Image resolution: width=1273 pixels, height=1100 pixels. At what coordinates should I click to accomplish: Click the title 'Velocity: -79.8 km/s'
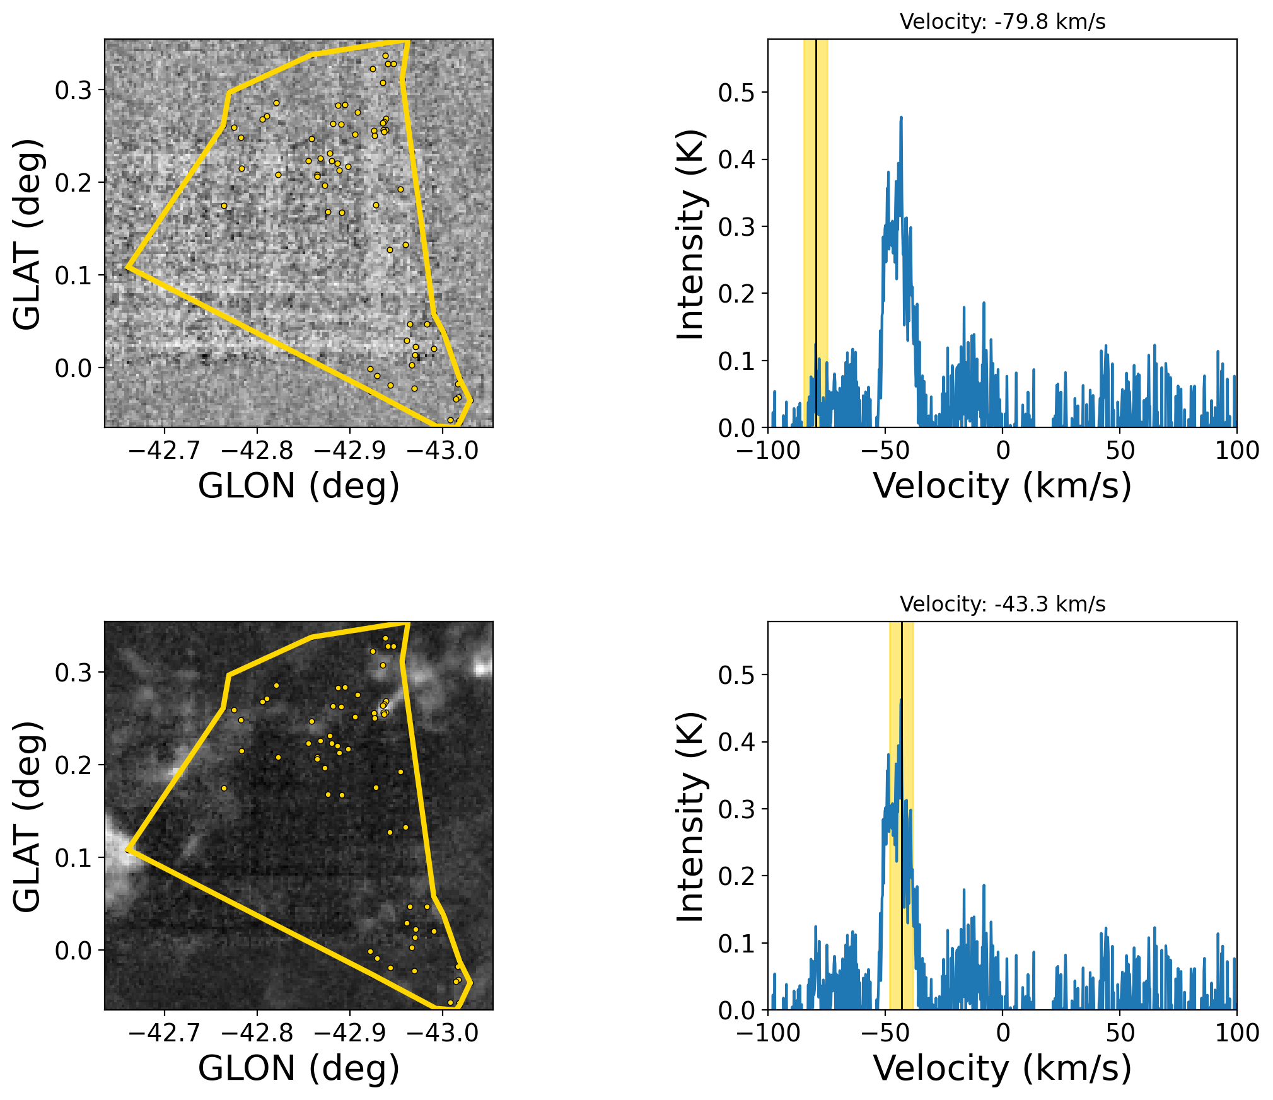(1002, 22)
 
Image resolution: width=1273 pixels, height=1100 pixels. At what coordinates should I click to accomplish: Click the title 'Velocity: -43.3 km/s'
(1002, 605)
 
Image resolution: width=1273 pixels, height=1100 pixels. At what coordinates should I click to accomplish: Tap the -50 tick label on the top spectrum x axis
(885, 451)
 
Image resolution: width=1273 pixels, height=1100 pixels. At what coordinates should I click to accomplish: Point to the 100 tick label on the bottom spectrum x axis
(1237, 1033)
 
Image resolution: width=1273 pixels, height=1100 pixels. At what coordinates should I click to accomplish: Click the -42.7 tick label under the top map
(164, 451)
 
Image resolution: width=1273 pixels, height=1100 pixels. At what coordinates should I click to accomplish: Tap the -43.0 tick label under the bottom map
(443, 1033)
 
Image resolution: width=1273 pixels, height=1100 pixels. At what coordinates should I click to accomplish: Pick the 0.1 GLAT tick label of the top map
(73, 275)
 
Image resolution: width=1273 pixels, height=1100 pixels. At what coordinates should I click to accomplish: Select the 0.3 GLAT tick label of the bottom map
(73, 673)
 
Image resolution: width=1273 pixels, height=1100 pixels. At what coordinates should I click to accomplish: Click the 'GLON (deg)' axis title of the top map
(299, 486)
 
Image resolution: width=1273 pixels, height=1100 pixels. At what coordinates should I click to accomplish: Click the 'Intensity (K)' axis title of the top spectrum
(690, 234)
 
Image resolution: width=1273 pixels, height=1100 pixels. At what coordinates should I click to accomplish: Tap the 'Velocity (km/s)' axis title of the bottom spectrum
(1002, 1068)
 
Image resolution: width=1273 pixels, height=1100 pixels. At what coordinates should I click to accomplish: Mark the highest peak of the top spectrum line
(901, 117)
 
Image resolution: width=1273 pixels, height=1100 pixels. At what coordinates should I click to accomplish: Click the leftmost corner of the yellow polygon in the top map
(127, 267)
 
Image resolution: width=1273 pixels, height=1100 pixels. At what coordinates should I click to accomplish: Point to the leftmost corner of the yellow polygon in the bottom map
(127, 850)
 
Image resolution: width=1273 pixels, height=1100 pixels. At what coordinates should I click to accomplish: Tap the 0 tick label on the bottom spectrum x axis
(1003, 1033)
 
